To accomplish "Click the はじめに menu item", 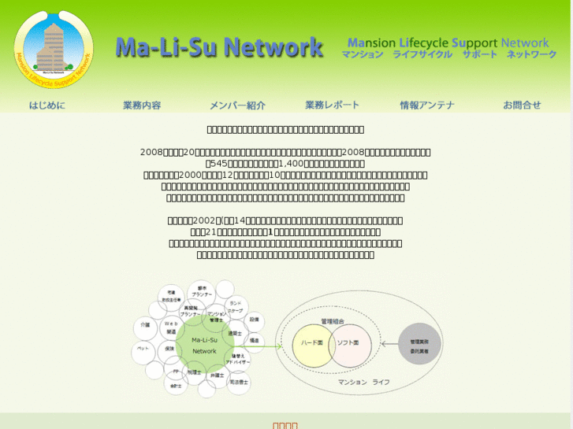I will pyautogui.click(x=47, y=105).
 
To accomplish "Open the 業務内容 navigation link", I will pyautogui.click(x=142, y=105).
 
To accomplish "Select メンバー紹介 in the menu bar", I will pyautogui.click(x=237, y=105).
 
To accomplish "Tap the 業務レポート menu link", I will pyautogui.click(x=332, y=105).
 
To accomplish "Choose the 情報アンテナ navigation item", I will pyautogui.click(x=427, y=105).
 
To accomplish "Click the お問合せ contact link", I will pyautogui.click(x=522, y=105).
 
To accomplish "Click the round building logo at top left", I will pyautogui.click(x=54, y=49).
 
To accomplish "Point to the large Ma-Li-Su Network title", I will pyautogui.click(x=219, y=48).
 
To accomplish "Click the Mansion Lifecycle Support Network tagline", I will pyautogui.click(x=448, y=48).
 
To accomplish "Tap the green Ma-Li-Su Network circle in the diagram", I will pyautogui.click(x=204, y=345).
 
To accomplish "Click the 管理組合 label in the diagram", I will pyautogui.click(x=333, y=321).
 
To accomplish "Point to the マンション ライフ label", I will pyautogui.click(x=363, y=382).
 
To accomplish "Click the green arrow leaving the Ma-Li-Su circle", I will pyautogui.click(x=264, y=345).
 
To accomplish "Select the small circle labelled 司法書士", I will pyautogui.click(x=239, y=381).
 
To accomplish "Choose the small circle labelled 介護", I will pyautogui.click(x=145, y=324).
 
